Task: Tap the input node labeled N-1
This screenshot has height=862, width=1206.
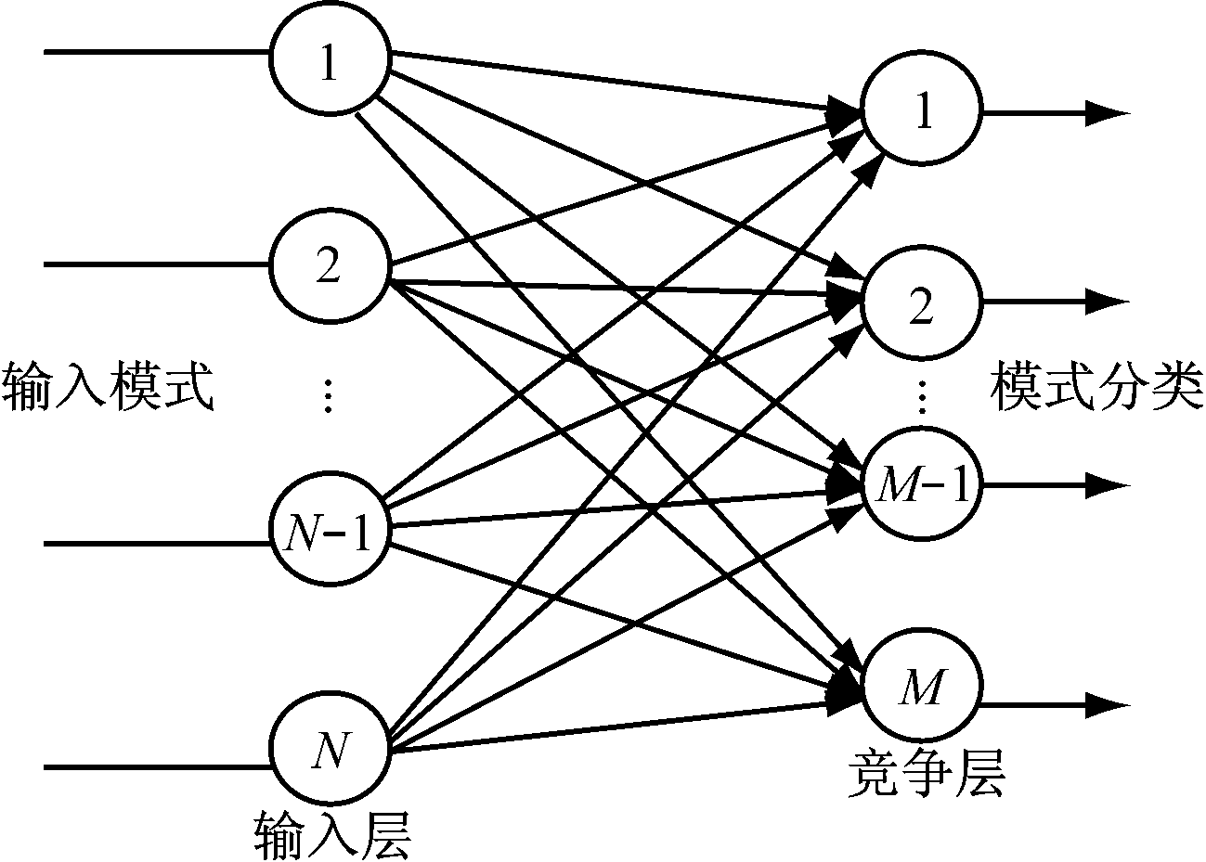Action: point(329,534)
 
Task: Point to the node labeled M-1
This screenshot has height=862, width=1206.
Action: point(922,484)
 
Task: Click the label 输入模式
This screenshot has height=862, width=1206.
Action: point(109,388)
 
